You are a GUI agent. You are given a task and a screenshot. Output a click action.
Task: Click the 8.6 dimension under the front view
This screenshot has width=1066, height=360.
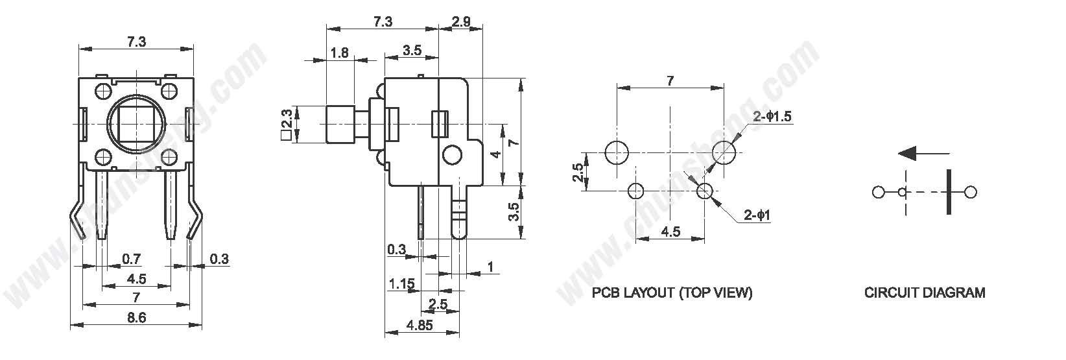tap(136, 317)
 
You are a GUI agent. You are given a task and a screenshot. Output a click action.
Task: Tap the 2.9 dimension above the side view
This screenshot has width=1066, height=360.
tap(460, 21)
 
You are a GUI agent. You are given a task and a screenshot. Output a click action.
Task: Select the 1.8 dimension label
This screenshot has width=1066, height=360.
tap(339, 53)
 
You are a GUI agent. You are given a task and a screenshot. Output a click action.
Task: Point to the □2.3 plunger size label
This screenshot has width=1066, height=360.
tap(287, 125)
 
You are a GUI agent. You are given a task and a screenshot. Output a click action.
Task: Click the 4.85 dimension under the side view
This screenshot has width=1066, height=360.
tap(420, 325)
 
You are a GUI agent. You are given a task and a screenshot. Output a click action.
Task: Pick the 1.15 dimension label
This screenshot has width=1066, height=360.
tap(401, 284)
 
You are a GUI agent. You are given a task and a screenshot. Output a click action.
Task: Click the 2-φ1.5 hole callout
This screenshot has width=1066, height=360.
tap(772, 116)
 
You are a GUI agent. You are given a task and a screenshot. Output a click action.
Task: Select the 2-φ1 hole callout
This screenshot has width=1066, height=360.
tap(757, 215)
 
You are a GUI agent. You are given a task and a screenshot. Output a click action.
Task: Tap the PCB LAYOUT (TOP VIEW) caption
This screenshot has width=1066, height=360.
tap(672, 293)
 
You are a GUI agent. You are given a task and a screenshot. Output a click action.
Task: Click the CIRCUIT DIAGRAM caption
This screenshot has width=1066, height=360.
tap(925, 293)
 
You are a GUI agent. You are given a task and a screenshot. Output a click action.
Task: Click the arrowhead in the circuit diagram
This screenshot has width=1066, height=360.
tap(908, 154)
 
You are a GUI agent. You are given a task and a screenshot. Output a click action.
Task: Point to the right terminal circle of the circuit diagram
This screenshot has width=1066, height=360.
tap(970, 193)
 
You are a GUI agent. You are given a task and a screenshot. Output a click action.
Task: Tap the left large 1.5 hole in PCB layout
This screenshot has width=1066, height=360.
tap(617, 153)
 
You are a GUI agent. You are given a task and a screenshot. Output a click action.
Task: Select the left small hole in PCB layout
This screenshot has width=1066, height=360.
tap(636, 191)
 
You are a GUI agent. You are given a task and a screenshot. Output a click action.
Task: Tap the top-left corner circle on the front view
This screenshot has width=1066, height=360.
tap(103, 90)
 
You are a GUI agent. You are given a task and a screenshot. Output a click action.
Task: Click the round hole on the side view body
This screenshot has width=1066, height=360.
tap(451, 154)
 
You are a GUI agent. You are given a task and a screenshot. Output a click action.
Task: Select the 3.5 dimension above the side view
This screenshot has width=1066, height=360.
tap(412, 50)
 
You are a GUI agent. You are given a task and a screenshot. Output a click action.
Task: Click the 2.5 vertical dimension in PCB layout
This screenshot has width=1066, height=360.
tap(578, 173)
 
